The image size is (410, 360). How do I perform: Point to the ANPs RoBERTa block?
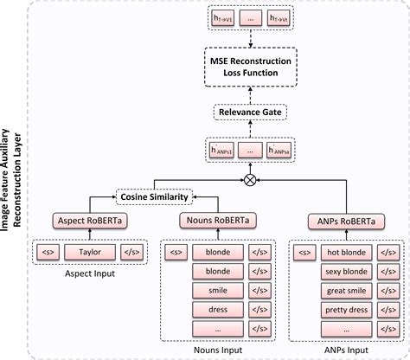[342, 222]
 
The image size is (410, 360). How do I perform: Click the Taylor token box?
[84, 254]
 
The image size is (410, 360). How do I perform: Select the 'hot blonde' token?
[345, 254]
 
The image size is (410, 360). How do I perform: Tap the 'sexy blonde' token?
[345, 270]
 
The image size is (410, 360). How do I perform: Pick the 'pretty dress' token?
[345, 310]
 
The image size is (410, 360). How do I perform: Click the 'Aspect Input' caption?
[84, 273]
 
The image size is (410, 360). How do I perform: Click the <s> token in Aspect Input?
[46, 254]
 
